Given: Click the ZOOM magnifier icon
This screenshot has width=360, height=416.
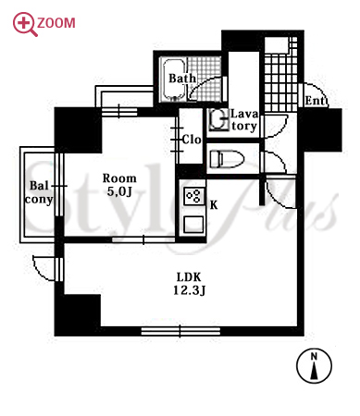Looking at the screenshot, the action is [24, 23].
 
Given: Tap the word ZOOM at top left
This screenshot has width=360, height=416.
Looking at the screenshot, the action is [56, 23].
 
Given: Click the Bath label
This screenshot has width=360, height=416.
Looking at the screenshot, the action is [182, 78].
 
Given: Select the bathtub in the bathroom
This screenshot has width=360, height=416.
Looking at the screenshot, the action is [174, 80].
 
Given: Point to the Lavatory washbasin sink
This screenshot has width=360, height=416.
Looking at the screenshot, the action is [218, 119].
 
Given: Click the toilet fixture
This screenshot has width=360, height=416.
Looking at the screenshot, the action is [227, 159].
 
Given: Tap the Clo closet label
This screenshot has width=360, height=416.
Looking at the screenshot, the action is [192, 140].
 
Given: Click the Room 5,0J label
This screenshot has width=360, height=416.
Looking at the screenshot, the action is [119, 185].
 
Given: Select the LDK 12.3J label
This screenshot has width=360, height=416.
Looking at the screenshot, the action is [189, 284].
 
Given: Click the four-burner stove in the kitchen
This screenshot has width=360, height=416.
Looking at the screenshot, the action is [193, 196].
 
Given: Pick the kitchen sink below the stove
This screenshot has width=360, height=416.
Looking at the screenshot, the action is [193, 224].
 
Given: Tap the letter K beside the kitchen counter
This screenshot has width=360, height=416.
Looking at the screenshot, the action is [214, 205].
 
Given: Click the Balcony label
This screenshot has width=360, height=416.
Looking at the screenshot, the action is [39, 192].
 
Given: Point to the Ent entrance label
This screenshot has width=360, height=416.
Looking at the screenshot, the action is [316, 101].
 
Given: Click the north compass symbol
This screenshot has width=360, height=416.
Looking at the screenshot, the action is [314, 366].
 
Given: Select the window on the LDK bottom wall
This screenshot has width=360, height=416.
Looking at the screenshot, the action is [180, 331].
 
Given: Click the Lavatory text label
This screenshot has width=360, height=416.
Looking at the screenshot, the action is [244, 120].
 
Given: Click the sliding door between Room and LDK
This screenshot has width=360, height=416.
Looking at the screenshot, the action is [143, 239].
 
